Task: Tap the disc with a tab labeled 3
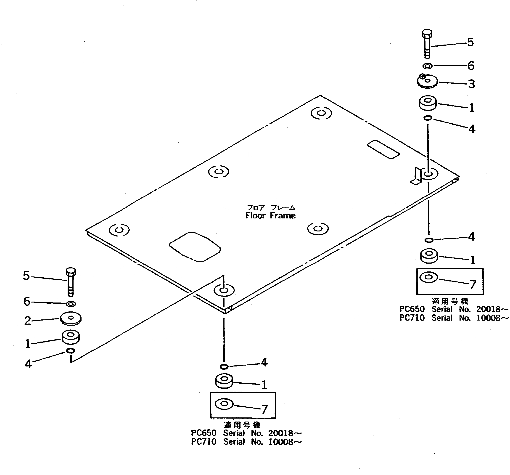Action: pyautogui.click(x=427, y=82)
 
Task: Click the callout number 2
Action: pyautogui.click(x=27, y=321)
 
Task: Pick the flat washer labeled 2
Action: pyautogui.click(x=71, y=318)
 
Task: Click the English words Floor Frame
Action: pyautogui.click(x=270, y=215)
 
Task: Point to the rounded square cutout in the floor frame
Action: pyautogui.click(x=195, y=247)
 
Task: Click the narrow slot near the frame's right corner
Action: pyautogui.click(x=383, y=149)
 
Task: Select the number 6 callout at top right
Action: pyautogui.click(x=471, y=66)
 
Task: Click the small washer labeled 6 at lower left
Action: pyautogui.click(x=71, y=304)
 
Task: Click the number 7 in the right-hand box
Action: pyautogui.click(x=473, y=284)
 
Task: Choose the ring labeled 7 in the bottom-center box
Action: pyautogui.click(x=224, y=404)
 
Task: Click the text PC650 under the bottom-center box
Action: pyautogui.click(x=204, y=433)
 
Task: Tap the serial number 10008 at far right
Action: pyautogui.click(x=488, y=318)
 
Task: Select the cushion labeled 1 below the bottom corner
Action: pyautogui.click(x=224, y=381)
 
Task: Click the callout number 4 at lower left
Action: pyautogui.click(x=28, y=364)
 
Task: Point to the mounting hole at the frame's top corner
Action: pyautogui.click(x=321, y=113)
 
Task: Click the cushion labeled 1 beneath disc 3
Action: pyautogui.click(x=428, y=103)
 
